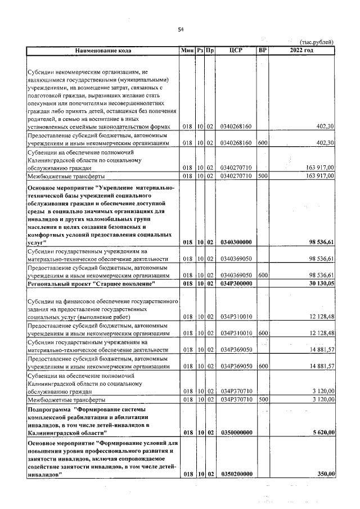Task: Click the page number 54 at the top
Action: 181,29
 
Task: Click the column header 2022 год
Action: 301,51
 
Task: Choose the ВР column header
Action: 262,51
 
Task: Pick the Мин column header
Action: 187,51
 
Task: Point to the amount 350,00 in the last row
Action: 326,475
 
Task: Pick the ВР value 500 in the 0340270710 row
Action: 262,176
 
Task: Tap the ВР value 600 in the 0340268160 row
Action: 262,143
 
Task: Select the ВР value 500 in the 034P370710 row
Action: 262,399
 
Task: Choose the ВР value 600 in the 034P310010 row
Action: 262,333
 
